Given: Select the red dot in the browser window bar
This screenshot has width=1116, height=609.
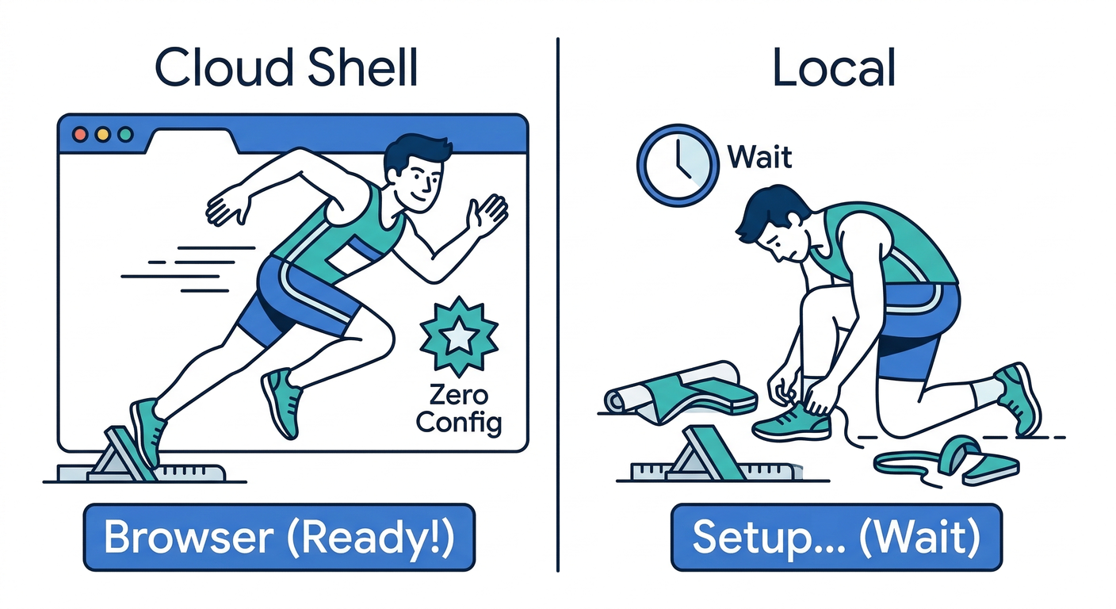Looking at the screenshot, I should point(80,134).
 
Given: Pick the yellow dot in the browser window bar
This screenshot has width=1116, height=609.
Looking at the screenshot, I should point(102,134).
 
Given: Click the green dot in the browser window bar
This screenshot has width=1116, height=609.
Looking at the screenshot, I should point(124,134).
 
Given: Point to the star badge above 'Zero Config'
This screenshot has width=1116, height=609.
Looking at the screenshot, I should point(458,336).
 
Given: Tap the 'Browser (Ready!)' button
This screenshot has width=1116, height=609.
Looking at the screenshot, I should point(279,537).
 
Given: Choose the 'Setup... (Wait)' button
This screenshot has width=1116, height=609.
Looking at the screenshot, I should point(836,537).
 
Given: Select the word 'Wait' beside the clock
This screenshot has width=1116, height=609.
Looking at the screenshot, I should point(759,156).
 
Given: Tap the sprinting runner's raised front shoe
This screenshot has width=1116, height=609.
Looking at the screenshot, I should point(281,400).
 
